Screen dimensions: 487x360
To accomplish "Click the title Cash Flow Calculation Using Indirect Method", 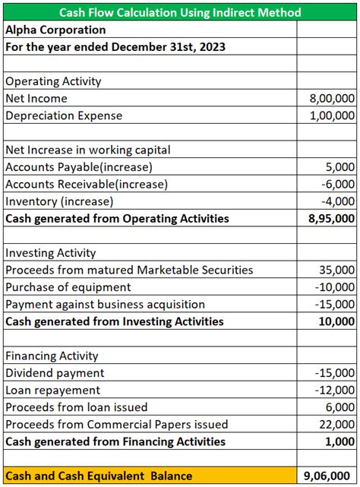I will pyautogui.click(x=179, y=12).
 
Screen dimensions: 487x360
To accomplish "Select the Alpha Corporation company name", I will pyautogui.click(x=55, y=30).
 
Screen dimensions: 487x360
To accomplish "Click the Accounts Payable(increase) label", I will pyautogui.click(x=79, y=167).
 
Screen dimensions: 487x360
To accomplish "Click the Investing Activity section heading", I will pyautogui.click(x=51, y=253).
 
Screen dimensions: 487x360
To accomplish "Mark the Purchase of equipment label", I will pyautogui.click(x=68, y=287).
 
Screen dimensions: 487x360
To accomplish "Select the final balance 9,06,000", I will pyautogui.click(x=329, y=476).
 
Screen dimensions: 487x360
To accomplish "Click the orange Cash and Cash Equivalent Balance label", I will pyautogui.click(x=99, y=476).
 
